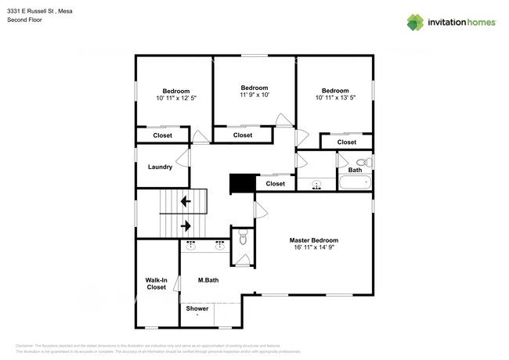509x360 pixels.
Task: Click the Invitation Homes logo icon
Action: tap(415, 22)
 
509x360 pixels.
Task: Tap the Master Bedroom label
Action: tap(313, 240)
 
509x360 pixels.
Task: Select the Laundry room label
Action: tap(160, 167)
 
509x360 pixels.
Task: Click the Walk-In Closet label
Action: tap(157, 283)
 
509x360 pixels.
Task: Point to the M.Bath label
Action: tap(208, 279)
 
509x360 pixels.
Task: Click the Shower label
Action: tap(197, 308)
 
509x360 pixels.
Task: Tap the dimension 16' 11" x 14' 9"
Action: tap(313, 248)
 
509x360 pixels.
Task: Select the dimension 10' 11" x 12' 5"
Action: tap(176, 99)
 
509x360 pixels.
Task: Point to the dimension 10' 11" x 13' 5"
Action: tap(335, 98)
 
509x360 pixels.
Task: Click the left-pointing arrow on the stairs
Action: tap(186, 201)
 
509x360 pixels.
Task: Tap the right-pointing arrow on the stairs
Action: tap(186, 226)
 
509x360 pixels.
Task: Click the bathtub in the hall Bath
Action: tap(355, 184)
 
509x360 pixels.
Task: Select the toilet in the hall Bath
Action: tap(362, 162)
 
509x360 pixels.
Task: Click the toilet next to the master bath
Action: tap(243, 238)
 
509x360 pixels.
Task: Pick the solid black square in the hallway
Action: tap(242, 182)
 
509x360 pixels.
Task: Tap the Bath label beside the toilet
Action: tap(355, 170)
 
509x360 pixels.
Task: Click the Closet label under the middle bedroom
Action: tap(243, 135)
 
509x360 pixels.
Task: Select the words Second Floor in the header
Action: tap(24, 20)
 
